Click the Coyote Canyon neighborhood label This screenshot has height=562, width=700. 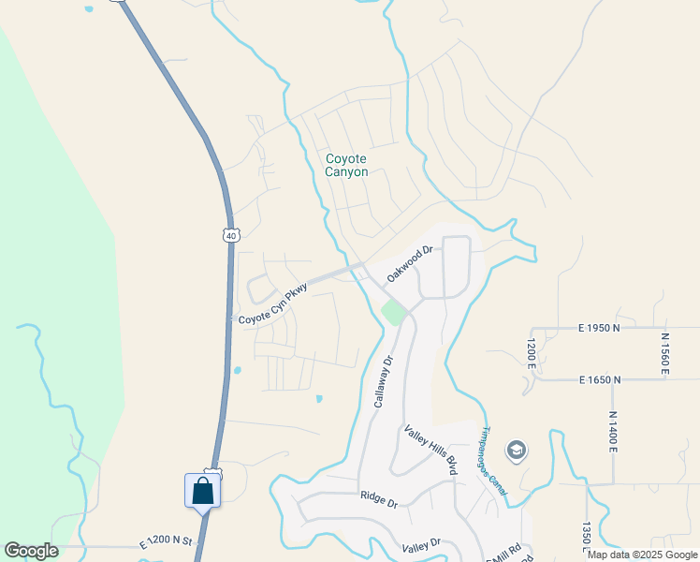pos(346,165)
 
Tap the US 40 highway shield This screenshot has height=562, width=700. pos(230,235)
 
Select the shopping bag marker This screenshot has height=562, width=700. pos(203,491)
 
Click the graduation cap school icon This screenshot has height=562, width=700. pos(515,452)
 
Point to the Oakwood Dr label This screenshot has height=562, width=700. pos(411,263)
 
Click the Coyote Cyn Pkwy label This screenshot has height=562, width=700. pos(272,306)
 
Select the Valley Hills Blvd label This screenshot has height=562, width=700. pos(430,451)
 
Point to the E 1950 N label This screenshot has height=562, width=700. pos(600,329)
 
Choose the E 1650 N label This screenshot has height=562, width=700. pos(600,379)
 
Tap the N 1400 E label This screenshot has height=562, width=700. pos(613,432)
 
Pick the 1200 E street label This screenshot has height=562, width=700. pos(530,353)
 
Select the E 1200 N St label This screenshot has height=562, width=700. pos(166,542)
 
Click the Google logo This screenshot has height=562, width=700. pos(31,551)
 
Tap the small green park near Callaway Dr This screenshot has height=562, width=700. pos(394,313)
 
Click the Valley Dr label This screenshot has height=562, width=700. pos(420,544)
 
